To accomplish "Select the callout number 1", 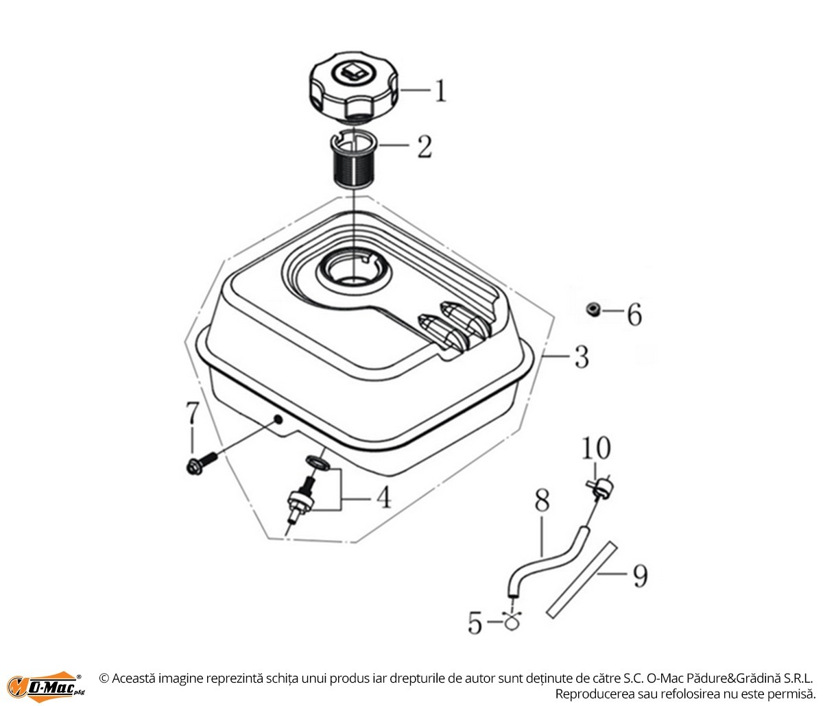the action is [x=440, y=90].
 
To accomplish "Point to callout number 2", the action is [x=425, y=147].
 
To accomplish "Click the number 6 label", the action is [x=635, y=315].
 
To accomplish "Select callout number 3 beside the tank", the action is [x=582, y=356].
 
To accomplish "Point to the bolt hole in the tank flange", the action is [x=278, y=419].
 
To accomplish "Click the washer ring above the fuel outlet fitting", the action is [x=318, y=463].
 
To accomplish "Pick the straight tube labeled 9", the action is [x=582, y=580].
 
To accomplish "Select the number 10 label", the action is [x=596, y=448].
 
